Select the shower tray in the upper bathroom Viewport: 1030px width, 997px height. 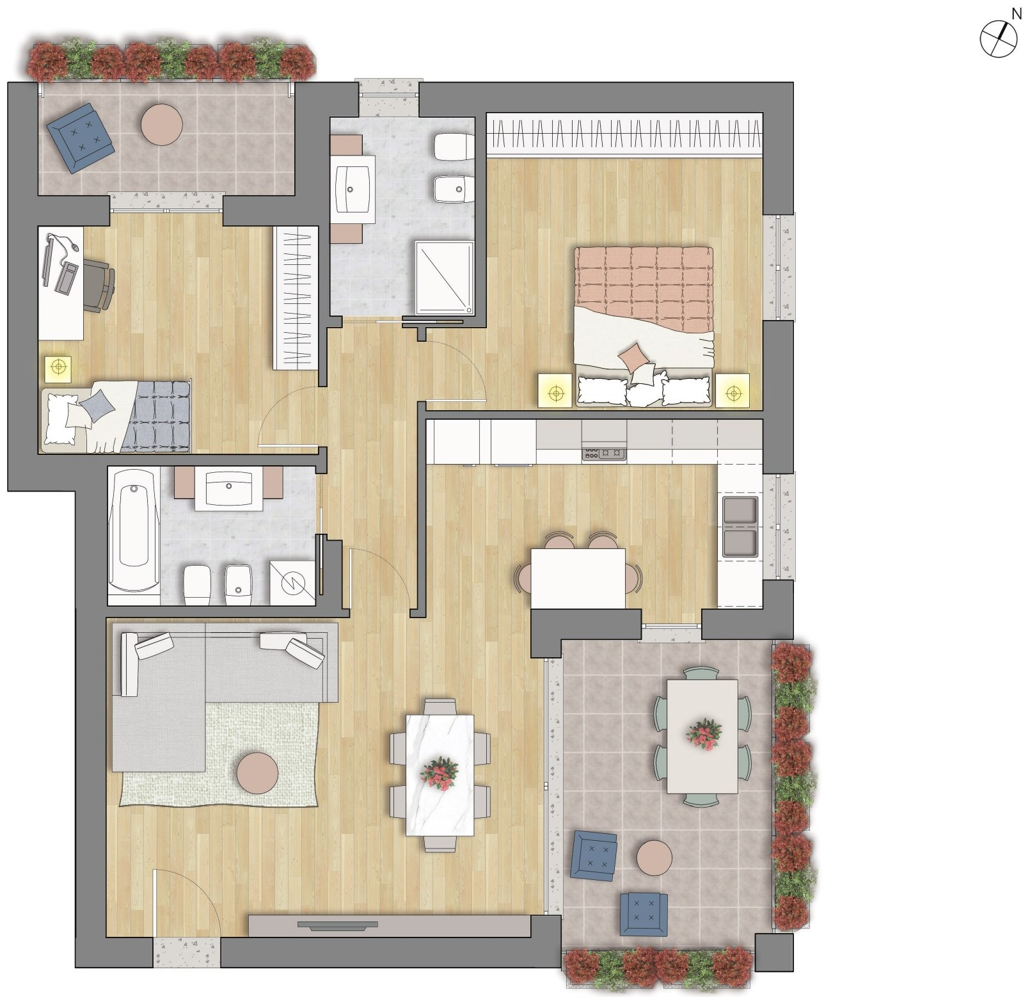(x=444, y=276)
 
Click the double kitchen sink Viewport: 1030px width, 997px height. (x=740, y=527)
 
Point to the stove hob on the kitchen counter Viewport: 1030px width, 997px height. (x=603, y=452)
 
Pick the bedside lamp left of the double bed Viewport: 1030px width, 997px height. (x=555, y=390)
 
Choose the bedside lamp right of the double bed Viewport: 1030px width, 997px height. (x=732, y=390)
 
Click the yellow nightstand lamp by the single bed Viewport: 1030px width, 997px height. (x=58, y=367)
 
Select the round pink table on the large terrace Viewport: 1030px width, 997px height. (x=654, y=856)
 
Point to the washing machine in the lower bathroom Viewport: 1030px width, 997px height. (x=292, y=582)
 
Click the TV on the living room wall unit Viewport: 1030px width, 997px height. (x=337, y=924)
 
